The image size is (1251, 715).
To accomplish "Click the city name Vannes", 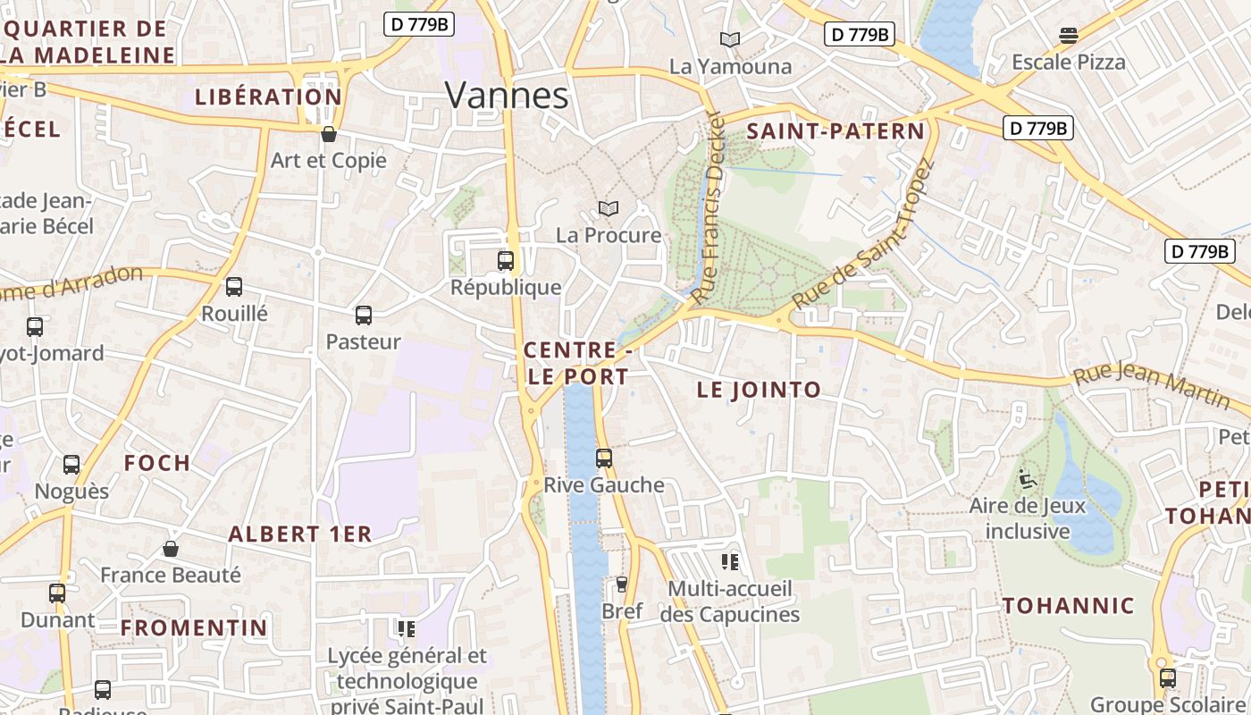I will pyautogui.click(x=506, y=96).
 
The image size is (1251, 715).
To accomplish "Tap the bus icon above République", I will pyautogui.click(x=506, y=261).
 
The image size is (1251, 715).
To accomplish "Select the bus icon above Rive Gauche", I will pyautogui.click(x=604, y=458).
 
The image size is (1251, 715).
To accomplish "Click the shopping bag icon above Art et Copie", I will pyautogui.click(x=329, y=135).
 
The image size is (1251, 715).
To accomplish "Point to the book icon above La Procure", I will pyautogui.click(x=609, y=209).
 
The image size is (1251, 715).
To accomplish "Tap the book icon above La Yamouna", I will pyautogui.click(x=730, y=40).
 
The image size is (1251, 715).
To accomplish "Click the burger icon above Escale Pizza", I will pyautogui.click(x=1069, y=36).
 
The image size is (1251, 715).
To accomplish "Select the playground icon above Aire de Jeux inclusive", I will pyautogui.click(x=1028, y=480).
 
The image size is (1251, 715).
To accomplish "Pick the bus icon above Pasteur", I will pyautogui.click(x=363, y=315).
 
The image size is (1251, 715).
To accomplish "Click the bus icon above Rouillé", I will pyautogui.click(x=234, y=287).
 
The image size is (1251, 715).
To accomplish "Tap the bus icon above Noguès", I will pyautogui.click(x=71, y=465).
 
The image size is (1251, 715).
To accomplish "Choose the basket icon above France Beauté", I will pyautogui.click(x=171, y=549).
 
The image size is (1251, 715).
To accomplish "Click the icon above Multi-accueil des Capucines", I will pyautogui.click(x=730, y=562).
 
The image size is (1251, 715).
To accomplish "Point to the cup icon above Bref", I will pyautogui.click(x=622, y=585).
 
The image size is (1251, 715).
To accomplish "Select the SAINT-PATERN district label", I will pyautogui.click(x=835, y=131).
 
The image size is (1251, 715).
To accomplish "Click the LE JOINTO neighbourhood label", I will pyautogui.click(x=759, y=390).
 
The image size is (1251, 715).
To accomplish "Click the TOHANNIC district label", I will pyautogui.click(x=1068, y=606).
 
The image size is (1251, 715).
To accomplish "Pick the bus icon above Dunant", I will pyautogui.click(x=57, y=593).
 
